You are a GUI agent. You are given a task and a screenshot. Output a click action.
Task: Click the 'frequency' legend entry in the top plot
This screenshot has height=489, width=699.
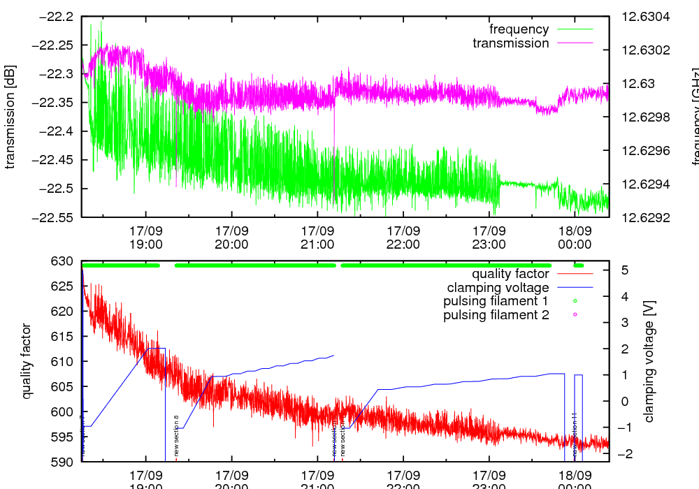point(519,29)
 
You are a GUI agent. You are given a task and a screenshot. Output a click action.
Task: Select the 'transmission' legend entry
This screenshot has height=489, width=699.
point(511,43)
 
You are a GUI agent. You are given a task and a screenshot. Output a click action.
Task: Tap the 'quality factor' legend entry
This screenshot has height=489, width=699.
point(510,274)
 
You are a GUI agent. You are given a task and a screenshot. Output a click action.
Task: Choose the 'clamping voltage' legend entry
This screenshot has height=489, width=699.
point(498,288)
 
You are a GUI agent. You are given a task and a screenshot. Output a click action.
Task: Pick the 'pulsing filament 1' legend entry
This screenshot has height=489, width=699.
point(496,301)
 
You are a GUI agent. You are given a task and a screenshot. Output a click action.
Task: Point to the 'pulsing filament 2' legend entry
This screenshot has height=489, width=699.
point(496,315)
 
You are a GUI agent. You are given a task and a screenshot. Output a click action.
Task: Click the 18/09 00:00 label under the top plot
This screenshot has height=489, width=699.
point(575,238)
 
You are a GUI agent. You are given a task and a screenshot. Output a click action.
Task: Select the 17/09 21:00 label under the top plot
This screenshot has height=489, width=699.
point(317,238)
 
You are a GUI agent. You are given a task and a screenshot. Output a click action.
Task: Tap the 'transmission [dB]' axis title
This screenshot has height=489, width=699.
point(10,117)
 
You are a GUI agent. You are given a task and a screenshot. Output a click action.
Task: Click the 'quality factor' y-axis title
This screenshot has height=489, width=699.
point(27,361)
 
